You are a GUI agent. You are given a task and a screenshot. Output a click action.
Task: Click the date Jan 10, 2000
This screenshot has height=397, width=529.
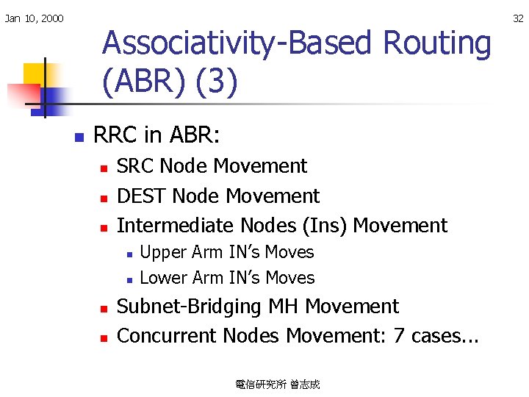point(34,18)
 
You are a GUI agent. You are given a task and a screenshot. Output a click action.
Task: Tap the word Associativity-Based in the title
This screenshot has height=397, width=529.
point(237,43)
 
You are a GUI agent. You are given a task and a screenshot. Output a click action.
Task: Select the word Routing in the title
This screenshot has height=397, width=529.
point(436,43)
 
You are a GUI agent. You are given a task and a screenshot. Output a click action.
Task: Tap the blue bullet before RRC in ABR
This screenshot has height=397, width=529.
point(78,137)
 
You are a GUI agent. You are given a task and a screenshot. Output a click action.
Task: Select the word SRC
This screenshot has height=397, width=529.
point(135,167)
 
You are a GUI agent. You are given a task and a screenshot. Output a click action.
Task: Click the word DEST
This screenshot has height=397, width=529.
point(141,196)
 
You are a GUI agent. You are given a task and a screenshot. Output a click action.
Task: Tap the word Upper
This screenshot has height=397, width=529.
point(163,252)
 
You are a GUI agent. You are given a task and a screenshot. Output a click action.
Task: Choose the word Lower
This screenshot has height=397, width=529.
point(163,278)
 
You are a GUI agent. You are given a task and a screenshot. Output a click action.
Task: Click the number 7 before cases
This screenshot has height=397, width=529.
point(400,336)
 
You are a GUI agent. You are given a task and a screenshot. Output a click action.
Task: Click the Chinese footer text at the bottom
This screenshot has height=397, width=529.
point(277,385)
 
